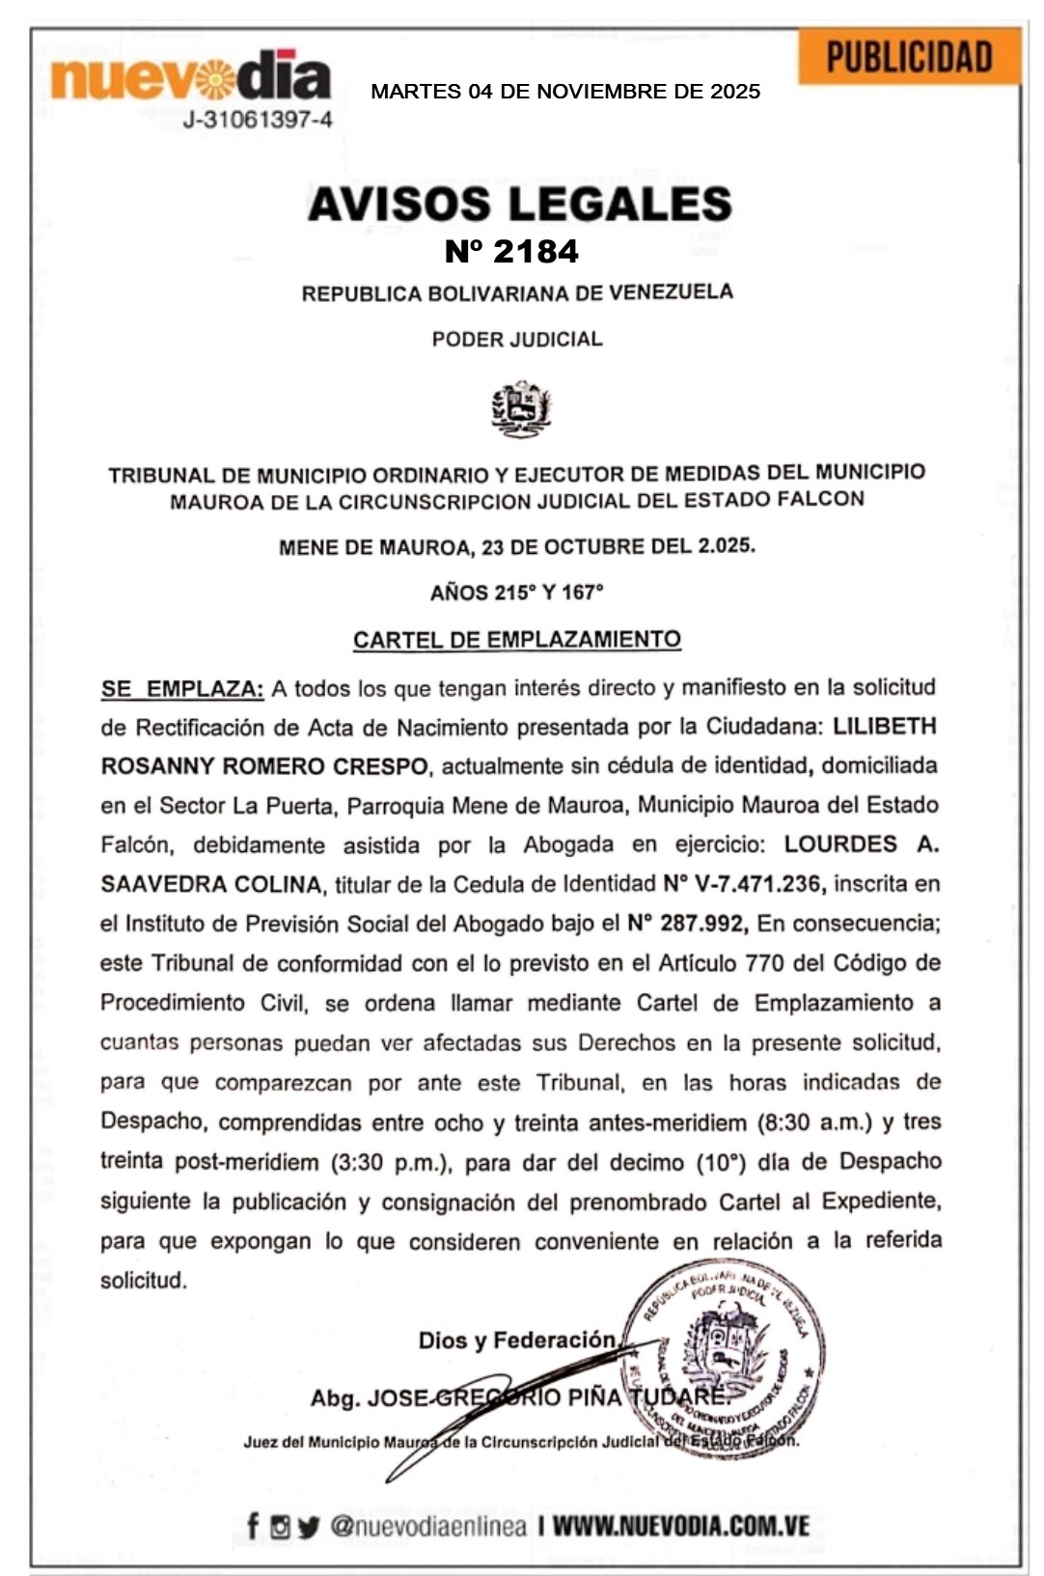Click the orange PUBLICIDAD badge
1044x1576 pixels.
909,58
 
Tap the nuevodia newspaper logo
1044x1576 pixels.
190,78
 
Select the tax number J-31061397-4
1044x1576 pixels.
258,121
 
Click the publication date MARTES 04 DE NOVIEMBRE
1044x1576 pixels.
565,92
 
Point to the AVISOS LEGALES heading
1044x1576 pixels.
520,204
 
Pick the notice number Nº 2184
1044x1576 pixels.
511,252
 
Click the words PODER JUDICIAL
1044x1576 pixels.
517,339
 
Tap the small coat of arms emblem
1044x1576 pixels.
521,408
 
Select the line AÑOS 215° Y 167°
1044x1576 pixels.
517,593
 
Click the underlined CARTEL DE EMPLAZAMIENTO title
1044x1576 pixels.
517,640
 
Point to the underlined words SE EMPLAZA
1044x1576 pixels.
182,689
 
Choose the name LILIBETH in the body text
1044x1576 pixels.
885,726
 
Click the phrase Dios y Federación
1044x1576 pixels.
517,1341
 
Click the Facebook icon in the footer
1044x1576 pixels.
253,1526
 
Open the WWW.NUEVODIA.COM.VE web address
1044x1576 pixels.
680,1526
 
